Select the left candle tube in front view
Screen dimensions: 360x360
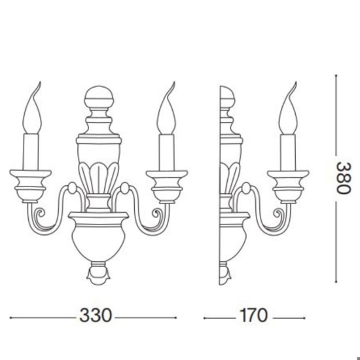tap(33, 151)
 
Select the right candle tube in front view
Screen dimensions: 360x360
tap(164, 151)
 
